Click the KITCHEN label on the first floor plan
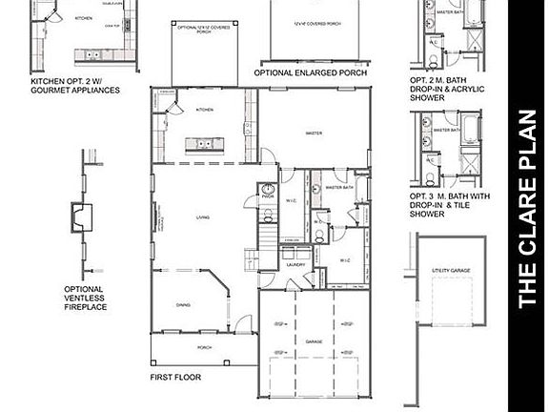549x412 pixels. click(x=205, y=110)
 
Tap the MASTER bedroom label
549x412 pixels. click(x=311, y=134)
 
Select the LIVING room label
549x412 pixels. click(x=203, y=218)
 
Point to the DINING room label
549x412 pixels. click(x=183, y=305)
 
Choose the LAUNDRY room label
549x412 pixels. click(x=297, y=263)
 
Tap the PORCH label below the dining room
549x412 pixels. click(x=204, y=347)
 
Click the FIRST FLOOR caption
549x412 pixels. click(x=175, y=378)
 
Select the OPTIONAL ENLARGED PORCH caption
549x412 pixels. click(x=311, y=72)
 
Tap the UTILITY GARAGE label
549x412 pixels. click(x=452, y=272)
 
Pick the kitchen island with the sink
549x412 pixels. click(x=203, y=144)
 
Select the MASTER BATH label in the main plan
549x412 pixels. click(x=339, y=188)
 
